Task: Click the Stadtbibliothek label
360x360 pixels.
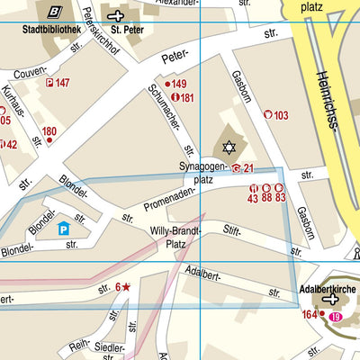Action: coord(52,28)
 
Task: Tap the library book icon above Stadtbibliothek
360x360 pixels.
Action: coord(56,12)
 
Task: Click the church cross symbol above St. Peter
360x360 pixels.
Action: coord(115,14)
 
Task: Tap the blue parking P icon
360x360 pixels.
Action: coord(63,229)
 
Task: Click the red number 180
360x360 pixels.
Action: coord(49,131)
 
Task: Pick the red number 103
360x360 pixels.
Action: coord(281,114)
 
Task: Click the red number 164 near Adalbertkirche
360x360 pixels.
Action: coord(310,314)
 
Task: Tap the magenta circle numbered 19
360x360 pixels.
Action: coord(336,318)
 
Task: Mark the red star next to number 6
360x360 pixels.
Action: coord(126,287)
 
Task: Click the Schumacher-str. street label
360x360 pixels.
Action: coord(169,117)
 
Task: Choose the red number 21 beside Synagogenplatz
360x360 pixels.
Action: coord(249,168)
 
